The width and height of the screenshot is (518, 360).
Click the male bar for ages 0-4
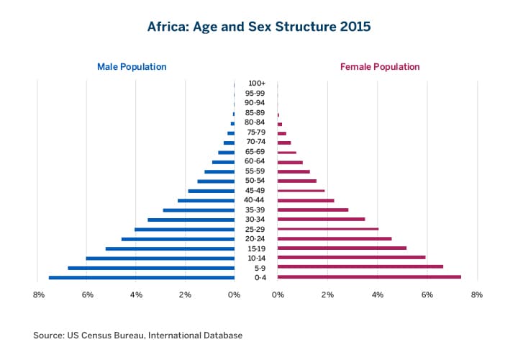142,277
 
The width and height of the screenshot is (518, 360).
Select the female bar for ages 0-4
369,277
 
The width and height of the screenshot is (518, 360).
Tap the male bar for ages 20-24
178,238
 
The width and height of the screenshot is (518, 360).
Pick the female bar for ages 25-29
328,229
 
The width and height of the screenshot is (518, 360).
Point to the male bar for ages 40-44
206,200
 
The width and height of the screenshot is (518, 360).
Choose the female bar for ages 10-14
351,258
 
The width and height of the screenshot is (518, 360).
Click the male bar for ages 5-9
151,268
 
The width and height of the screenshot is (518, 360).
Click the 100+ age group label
255,84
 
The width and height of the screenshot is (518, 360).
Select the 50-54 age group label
255,181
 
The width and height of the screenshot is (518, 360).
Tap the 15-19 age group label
255,248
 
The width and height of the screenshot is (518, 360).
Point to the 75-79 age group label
255,132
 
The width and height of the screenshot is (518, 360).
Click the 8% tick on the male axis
39,294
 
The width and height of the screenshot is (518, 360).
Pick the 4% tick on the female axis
377,294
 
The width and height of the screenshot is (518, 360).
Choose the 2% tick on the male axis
185,294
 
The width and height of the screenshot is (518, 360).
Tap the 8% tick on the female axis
476,294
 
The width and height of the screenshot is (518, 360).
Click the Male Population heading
132,67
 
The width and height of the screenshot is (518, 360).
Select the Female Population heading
380,67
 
